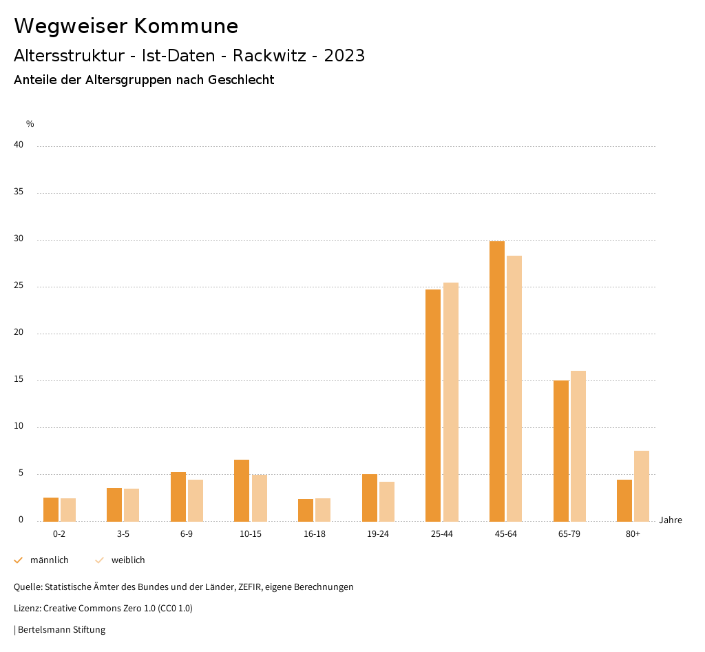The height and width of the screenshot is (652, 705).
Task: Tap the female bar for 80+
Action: coord(642,486)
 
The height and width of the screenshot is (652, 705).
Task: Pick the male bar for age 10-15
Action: coord(242,491)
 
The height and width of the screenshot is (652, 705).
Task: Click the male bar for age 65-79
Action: coord(561,451)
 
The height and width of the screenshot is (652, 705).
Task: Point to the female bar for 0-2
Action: coord(68,510)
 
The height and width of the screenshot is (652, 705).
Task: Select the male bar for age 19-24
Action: coord(370,498)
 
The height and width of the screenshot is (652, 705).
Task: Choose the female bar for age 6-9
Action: coord(196,500)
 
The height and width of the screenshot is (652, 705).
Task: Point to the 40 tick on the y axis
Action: coord(19,145)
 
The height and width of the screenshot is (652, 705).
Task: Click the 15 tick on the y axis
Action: coord(19,380)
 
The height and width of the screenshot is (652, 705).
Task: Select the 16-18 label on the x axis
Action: coord(315,535)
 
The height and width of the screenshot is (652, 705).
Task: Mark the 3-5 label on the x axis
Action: coord(123,535)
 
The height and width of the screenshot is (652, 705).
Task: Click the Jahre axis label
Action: coord(671,520)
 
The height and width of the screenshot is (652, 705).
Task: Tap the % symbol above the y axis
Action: coord(30,124)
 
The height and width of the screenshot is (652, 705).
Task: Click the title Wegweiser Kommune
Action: coord(126,26)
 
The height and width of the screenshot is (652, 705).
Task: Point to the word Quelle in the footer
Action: coord(28,587)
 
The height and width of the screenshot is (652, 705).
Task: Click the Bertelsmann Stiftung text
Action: coord(61,630)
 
